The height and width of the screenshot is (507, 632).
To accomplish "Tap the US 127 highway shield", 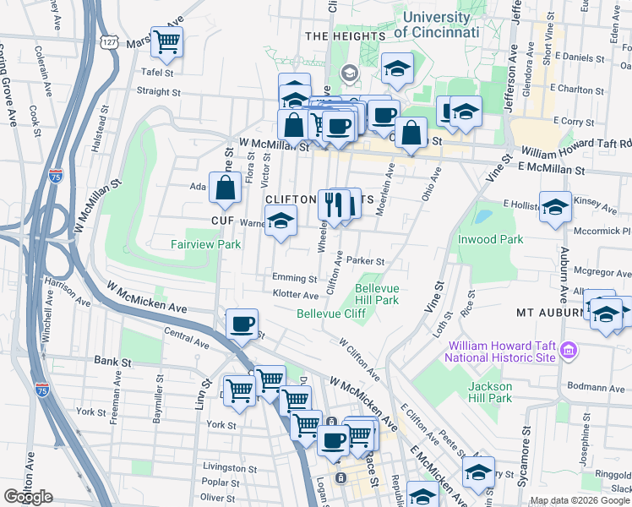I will click(x=107, y=41).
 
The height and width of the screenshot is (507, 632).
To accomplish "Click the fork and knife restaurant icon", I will click(x=334, y=204).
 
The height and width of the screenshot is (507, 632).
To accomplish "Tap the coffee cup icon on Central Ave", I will click(x=242, y=324).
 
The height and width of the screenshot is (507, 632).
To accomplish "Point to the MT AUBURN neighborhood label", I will click(x=550, y=313).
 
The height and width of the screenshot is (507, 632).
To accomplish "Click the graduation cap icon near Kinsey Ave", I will click(x=554, y=207).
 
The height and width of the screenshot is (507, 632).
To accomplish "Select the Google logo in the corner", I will click(x=28, y=497).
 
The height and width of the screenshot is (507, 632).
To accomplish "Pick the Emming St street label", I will click(x=294, y=278).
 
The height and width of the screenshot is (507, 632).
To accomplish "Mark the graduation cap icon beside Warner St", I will click(x=280, y=223).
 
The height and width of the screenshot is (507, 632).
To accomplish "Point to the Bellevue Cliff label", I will click(x=330, y=313).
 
